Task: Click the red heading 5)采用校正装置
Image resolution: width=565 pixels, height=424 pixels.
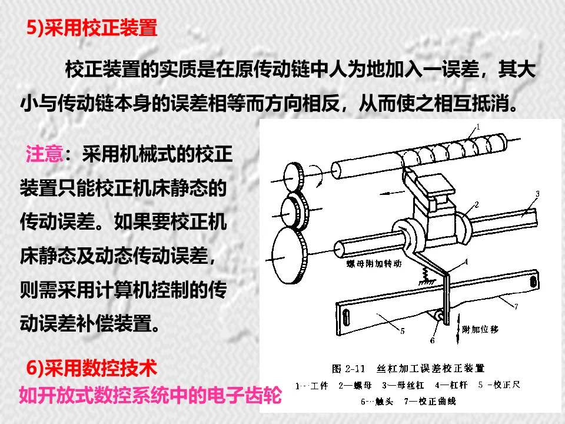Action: point(92,28)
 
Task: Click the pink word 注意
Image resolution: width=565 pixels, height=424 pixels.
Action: point(44,154)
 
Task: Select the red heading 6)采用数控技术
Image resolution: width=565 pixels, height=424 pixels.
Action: point(92,368)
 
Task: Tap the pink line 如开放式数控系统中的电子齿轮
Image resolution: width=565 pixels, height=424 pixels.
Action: point(150,395)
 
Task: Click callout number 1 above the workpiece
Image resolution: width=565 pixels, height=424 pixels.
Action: point(478,127)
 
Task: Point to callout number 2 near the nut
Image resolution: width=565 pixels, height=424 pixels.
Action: point(477,205)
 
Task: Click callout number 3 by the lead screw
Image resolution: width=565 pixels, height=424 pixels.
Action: point(537,194)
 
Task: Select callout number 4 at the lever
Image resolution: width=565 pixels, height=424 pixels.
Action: point(466,261)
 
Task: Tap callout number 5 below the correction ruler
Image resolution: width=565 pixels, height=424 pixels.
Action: point(403,331)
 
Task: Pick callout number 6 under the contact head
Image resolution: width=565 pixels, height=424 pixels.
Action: point(433,340)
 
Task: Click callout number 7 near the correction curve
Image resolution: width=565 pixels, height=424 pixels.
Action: point(516,306)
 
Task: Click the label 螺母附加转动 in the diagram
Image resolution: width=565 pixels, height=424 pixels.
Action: point(374,264)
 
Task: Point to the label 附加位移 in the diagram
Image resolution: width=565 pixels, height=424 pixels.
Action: point(480,329)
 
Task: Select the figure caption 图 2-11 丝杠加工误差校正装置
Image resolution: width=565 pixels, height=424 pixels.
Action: point(408,369)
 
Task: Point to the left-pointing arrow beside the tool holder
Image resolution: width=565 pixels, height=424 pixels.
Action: point(393,192)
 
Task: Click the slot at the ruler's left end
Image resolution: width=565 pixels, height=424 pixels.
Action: point(346,318)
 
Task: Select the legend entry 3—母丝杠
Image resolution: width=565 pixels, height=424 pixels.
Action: point(403,385)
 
